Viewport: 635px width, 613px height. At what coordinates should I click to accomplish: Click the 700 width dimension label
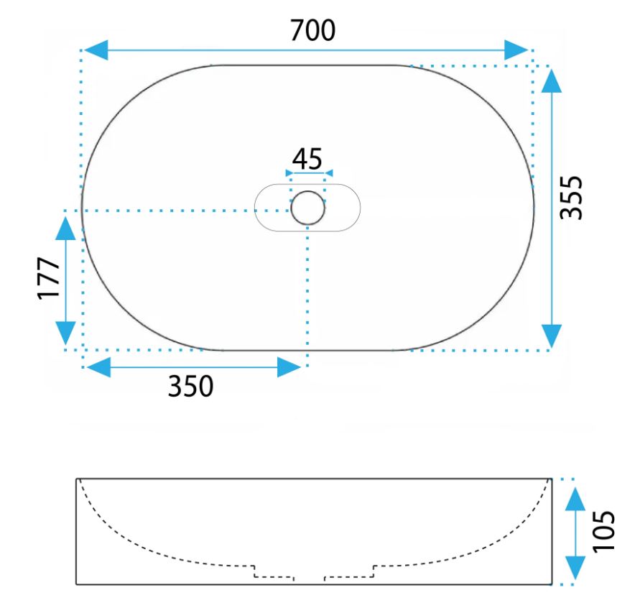(312, 30)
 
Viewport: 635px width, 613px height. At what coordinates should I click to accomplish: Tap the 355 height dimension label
(571, 198)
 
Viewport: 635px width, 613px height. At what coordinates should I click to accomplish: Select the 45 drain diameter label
(307, 159)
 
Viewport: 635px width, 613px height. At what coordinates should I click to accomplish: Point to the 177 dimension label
(49, 278)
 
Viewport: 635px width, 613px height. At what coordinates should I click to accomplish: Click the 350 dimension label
(190, 386)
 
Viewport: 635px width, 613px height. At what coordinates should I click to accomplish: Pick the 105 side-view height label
(603, 531)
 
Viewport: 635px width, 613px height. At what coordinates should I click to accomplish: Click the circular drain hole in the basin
(307, 208)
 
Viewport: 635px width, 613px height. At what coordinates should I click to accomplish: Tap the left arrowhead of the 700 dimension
(96, 50)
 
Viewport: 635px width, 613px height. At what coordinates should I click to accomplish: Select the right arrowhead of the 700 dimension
(516, 50)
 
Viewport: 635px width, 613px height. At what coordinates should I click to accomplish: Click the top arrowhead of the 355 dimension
(551, 81)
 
